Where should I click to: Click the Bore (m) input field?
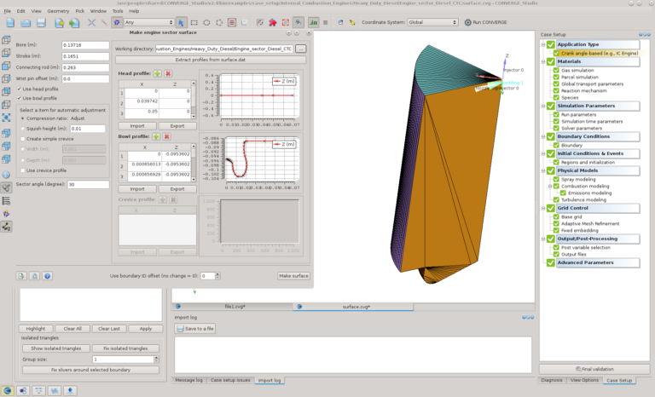coord(84,45)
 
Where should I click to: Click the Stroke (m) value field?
coord(84,55)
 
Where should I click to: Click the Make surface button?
coord(293,276)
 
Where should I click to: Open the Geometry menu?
coord(58,11)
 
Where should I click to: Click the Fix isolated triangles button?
coord(125,348)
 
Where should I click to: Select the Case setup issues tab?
coord(230,380)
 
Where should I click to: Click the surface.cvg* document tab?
coord(356,306)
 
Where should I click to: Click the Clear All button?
coord(72,328)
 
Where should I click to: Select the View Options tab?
coord(585,380)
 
